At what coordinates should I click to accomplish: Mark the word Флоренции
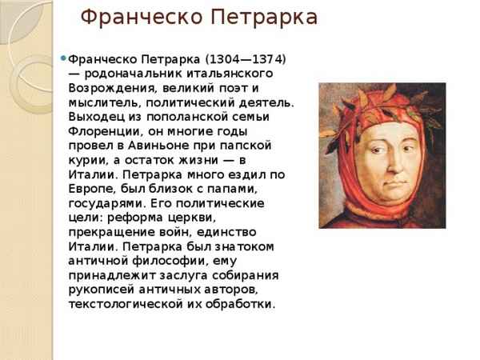104,132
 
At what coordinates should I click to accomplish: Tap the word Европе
90,189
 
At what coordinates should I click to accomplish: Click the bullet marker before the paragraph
63,58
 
